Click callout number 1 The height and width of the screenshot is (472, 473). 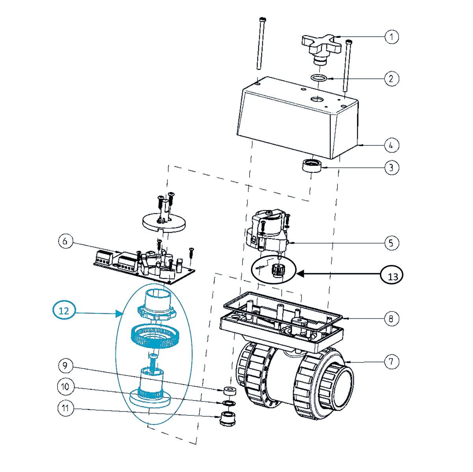pyautogui.click(x=391, y=37)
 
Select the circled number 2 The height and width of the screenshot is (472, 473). pyautogui.click(x=391, y=79)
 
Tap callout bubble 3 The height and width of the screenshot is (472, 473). pyautogui.click(x=391, y=168)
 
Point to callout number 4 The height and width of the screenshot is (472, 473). pyautogui.click(x=391, y=145)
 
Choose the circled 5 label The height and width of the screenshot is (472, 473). pyautogui.click(x=391, y=243)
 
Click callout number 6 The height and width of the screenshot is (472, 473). pyautogui.click(x=66, y=241)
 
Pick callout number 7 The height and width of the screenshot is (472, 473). pyautogui.click(x=391, y=362)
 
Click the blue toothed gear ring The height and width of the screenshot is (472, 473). pyautogui.click(x=155, y=337)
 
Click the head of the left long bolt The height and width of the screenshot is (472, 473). pyautogui.click(x=263, y=20)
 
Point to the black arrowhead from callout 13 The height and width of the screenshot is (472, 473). pyautogui.click(x=300, y=273)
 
